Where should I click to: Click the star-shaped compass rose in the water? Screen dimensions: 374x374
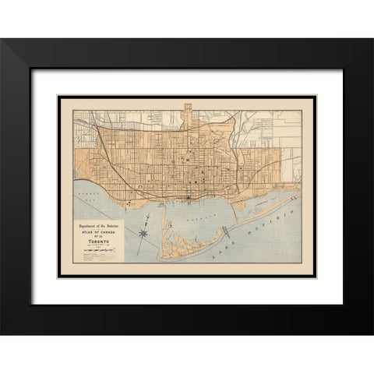(145, 232)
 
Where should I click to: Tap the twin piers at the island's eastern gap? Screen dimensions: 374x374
(227, 231)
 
